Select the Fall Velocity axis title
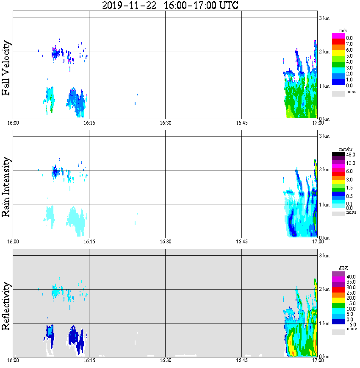click(x=6, y=68)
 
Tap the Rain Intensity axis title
click(x=6, y=187)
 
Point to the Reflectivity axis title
click(x=6, y=306)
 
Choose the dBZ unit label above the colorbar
click(x=343, y=268)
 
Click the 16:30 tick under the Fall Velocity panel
click(x=165, y=123)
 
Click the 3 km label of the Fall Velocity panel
click(x=324, y=17)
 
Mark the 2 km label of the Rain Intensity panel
click(x=324, y=170)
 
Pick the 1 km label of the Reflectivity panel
click(x=324, y=323)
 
